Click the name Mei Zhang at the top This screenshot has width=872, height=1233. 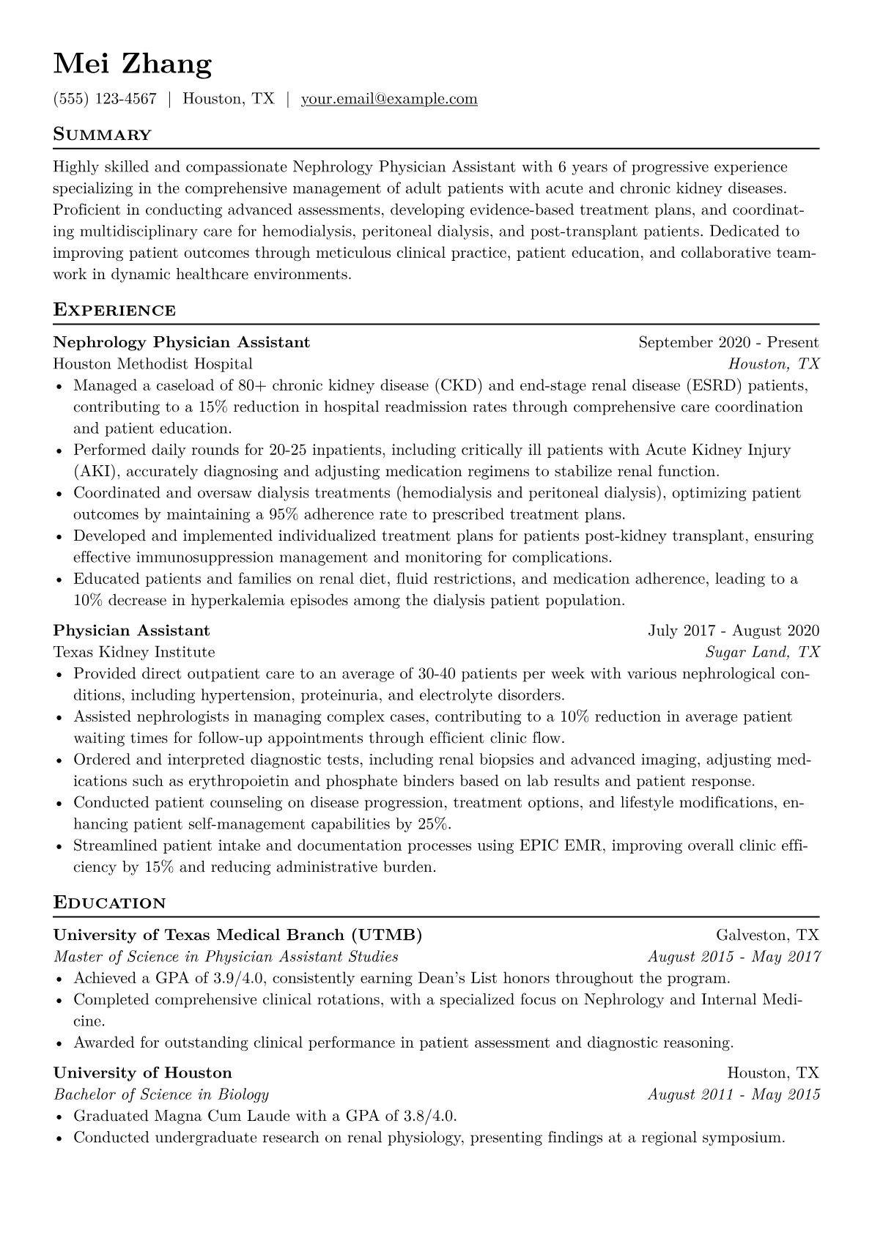[133, 64]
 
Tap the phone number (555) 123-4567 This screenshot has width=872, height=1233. [105, 99]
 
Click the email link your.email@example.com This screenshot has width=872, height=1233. [389, 99]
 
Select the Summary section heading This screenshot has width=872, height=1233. [103, 135]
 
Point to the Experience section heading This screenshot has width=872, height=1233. [114, 310]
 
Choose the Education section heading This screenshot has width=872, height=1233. [110, 903]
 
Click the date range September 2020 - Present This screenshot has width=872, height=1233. [728, 342]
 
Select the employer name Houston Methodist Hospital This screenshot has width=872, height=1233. [153, 364]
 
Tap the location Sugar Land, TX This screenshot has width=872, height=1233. [762, 652]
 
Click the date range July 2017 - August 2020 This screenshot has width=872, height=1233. [734, 631]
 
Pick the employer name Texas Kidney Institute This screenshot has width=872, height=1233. [134, 652]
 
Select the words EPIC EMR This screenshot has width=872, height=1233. [561, 846]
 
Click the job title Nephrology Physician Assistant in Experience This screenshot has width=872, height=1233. [182, 342]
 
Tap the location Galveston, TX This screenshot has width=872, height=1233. [767, 936]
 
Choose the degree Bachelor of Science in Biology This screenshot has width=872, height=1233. [161, 1095]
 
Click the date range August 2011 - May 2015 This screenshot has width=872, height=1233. [734, 1095]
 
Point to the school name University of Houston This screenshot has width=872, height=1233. [143, 1073]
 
